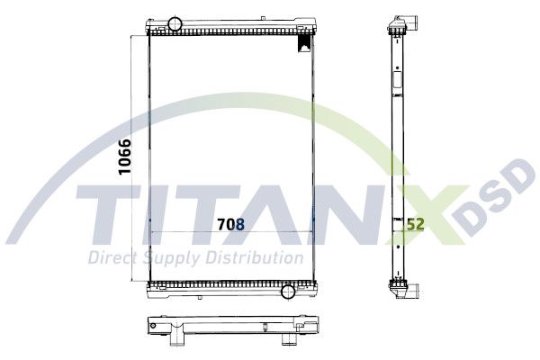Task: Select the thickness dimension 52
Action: [x=416, y=224]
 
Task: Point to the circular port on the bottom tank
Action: [x=288, y=292]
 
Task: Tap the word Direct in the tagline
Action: [x=112, y=258]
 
